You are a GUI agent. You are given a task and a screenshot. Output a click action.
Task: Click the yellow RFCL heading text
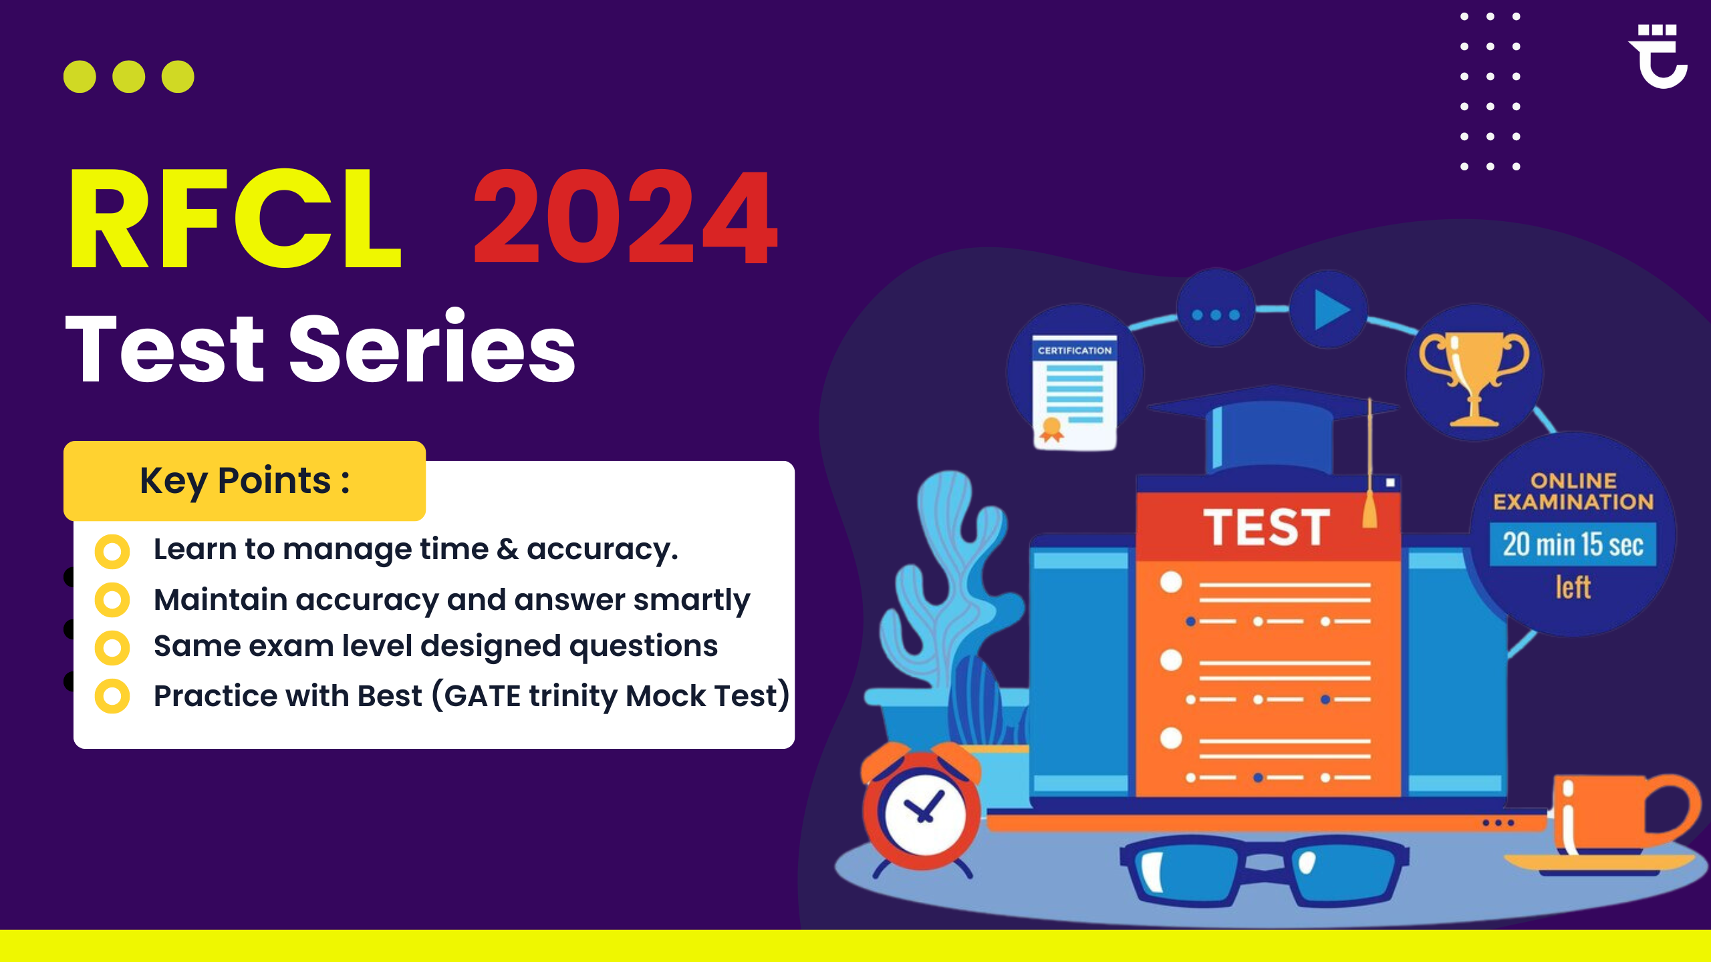pos(235,218)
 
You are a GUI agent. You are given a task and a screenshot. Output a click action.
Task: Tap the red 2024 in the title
pos(626,216)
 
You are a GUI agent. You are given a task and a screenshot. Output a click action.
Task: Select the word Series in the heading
pos(432,348)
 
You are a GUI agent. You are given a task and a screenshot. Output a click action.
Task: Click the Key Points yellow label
pos(245,480)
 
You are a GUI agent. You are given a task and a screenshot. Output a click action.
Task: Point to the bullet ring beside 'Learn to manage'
pos(112,551)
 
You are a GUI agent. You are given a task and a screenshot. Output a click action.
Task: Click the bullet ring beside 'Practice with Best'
pos(112,696)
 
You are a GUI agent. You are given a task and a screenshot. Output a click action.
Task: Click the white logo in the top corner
pos(1659,56)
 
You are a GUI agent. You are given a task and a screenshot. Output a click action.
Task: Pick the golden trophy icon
pos(1474,377)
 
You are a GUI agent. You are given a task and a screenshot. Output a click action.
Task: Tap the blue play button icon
pos(1330,309)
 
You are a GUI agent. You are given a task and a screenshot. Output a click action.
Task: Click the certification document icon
pos(1075,392)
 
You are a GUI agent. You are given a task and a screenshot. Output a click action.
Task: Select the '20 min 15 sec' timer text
pos(1573,544)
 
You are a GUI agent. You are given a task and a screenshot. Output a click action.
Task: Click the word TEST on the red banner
pos(1267,527)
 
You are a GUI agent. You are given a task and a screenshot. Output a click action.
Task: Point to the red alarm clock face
pos(925,814)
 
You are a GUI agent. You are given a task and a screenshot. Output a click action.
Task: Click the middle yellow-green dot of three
pos(129,76)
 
